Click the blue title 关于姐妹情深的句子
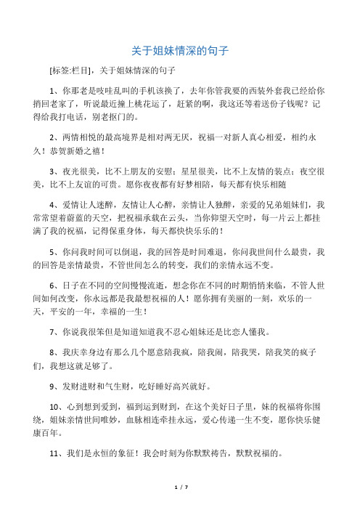[x=180, y=51]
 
